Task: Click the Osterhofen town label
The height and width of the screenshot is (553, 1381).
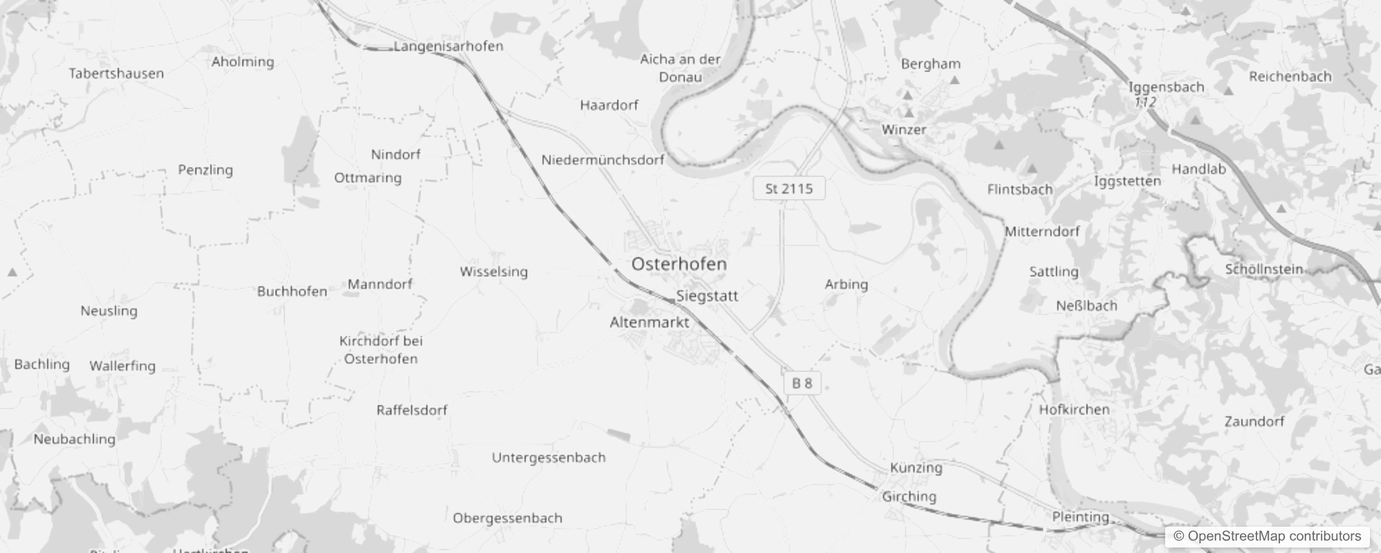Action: pyautogui.click(x=679, y=264)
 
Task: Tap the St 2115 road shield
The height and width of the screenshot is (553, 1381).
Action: pyautogui.click(x=789, y=189)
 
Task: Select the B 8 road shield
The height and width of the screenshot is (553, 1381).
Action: pyautogui.click(x=802, y=383)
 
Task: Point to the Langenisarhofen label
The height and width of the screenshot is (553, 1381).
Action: pyautogui.click(x=448, y=46)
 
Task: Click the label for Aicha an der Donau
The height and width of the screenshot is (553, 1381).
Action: pyautogui.click(x=680, y=68)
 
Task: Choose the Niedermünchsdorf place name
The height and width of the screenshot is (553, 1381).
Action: pyautogui.click(x=602, y=160)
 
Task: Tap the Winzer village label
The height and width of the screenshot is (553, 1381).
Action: pyautogui.click(x=903, y=129)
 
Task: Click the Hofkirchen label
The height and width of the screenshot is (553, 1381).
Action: pyautogui.click(x=1074, y=409)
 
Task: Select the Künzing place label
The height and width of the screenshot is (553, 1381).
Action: pyautogui.click(x=915, y=468)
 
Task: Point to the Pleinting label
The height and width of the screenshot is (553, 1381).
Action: pyautogui.click(x=1080, y=517)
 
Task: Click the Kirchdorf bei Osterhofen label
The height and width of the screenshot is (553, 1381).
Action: pyautogui.click(x=381, y=350)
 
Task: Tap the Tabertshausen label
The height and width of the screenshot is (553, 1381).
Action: pyautogui.click(x=116, y=73)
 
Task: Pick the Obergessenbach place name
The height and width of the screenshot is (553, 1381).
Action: pyautogui.click(x=507, y=518)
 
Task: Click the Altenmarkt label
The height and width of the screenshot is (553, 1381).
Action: pyautogui.click(x=649, y=322)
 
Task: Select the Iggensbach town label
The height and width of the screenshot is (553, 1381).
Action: pyautogui.click(x=1166, y=87)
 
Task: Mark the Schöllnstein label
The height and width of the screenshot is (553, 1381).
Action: pyautogui.click(x=1263, y=270)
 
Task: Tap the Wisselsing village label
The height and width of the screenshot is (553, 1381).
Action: pyautogui.click(x=493, y=272)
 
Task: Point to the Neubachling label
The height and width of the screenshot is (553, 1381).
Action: pyautogui.click(x=74, y=439)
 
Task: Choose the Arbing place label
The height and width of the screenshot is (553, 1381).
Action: pyautogui.click(x=845, y=284)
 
